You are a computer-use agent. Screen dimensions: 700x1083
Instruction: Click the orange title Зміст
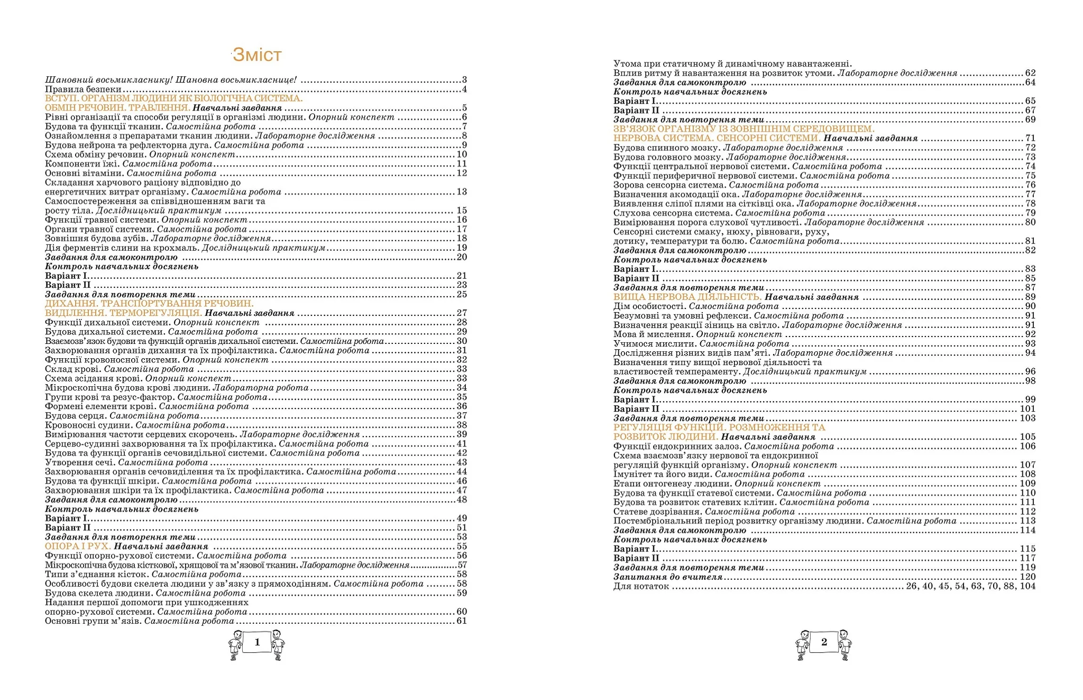(257, 54)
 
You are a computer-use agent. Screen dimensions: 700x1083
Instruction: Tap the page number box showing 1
(257, 642)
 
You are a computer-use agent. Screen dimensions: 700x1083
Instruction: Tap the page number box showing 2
(824, 642)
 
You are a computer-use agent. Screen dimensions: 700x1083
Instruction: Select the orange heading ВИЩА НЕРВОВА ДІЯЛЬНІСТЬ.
(687, 297)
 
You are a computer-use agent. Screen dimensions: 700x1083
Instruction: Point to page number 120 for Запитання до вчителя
(1027, 577)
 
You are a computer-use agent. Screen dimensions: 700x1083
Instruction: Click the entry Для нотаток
(641, 586)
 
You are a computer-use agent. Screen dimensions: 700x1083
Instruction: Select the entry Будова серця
(76, 416)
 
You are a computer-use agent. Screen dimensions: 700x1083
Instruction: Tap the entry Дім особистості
(649, 306)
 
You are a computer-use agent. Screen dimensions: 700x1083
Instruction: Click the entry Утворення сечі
(80, 462)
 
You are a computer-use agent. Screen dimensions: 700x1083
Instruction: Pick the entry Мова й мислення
(653, 334)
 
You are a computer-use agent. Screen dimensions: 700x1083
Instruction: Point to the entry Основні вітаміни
(84, 173)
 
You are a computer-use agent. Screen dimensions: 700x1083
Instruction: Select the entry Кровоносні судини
(88, 425)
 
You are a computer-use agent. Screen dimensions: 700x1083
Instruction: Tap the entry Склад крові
(73, 369)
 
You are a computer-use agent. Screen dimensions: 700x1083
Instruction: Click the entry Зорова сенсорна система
(669, 185)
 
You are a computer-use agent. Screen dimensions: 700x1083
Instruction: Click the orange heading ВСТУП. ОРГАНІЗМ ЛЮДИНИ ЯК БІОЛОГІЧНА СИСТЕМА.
(173, 98)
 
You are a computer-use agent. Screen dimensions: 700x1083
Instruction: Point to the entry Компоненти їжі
(82, 164)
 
